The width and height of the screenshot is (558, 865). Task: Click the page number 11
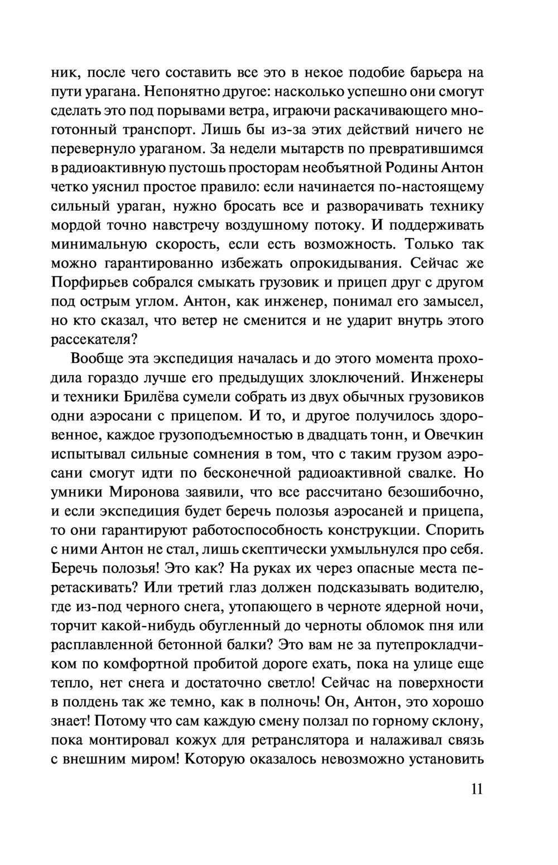pos(475,790)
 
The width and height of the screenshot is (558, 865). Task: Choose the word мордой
pos(76,225)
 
